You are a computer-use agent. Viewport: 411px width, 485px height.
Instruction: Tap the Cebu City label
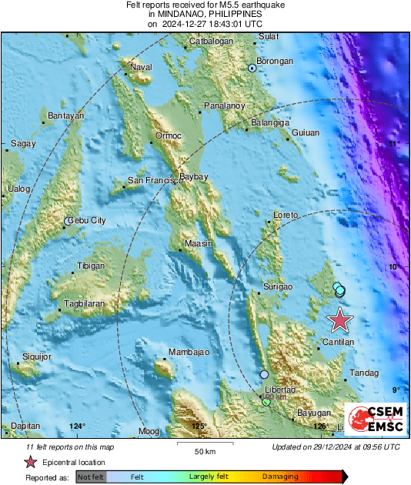(x=87, y=221)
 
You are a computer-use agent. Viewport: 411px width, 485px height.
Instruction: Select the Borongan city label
(x=276, y=61)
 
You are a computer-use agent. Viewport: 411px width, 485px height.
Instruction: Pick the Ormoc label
(x=169, y=135)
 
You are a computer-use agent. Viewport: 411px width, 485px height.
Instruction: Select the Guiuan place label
(x=305, y=133)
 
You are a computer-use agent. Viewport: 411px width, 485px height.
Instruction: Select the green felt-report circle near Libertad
(x=266, y=403)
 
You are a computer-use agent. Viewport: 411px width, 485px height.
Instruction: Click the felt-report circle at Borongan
(x=252, y=69)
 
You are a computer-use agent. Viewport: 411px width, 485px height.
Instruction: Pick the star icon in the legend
(x=31, y=463)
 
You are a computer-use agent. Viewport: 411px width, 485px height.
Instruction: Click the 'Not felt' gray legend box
(x=91, y=477)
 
